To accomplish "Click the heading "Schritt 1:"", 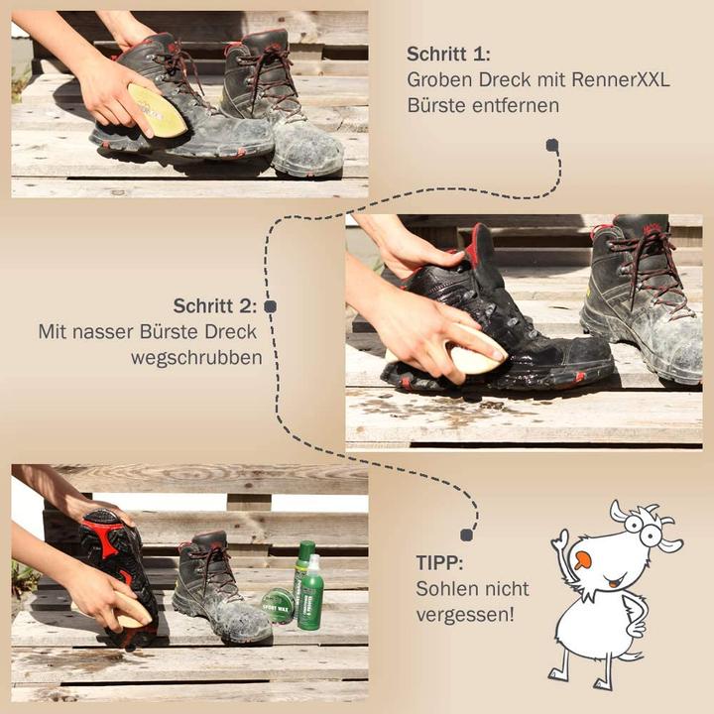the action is coord(448,54).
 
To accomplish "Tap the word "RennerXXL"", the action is coord(621,79).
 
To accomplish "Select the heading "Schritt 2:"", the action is coord(215,305).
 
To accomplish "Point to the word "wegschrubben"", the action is coord(196,358).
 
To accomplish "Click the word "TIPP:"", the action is coord(439,563).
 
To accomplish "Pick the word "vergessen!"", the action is coord(465,615).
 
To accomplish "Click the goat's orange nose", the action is coord(582,559).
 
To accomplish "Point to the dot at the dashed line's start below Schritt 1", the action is coord(552,145).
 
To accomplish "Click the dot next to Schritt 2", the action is coord(271,306).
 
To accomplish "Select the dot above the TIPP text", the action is coord(466,535).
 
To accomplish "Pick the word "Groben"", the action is coord(439,79).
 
